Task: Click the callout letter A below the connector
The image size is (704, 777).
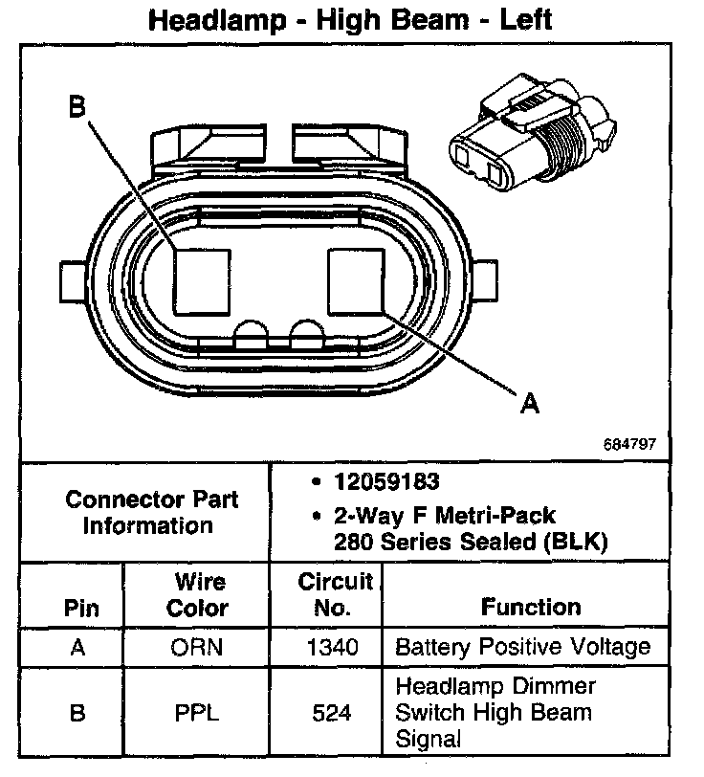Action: tap(529, 404)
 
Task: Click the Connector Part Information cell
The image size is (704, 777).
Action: tap(152, 512)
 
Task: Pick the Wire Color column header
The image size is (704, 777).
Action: tap(198, 594)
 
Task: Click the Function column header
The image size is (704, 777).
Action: tap(531, 607)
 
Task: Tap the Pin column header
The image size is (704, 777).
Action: tap(80, 608)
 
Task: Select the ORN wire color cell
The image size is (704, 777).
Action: tap(197, 648)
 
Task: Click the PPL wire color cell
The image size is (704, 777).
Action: tap(197, 713)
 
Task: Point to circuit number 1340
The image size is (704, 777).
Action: tap(333, 648)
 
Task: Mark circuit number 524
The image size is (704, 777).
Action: tap(333, 713)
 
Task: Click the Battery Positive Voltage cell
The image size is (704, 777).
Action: tap(522, 648)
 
